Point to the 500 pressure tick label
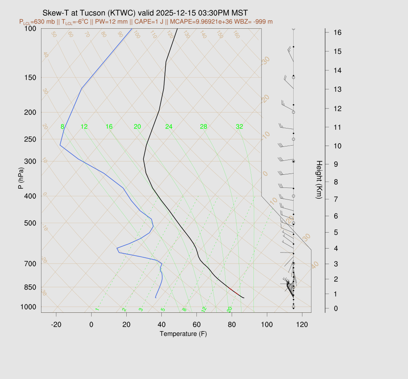[x=30, y=223]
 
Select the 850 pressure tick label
[x=30, y=287]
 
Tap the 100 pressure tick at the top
[x=30, y=28]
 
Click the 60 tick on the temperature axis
[x=196, y=324]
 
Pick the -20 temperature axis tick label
[x=56, y=324]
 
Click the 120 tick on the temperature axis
[x=302, y=324]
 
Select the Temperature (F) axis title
[x=183, y=334]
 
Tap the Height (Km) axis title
[x=319, y=180]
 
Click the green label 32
[x=239, y=127]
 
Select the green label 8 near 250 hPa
[x=62, y=127]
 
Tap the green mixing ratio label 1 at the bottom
[x=97, y=310]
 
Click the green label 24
[x=169, y=127]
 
